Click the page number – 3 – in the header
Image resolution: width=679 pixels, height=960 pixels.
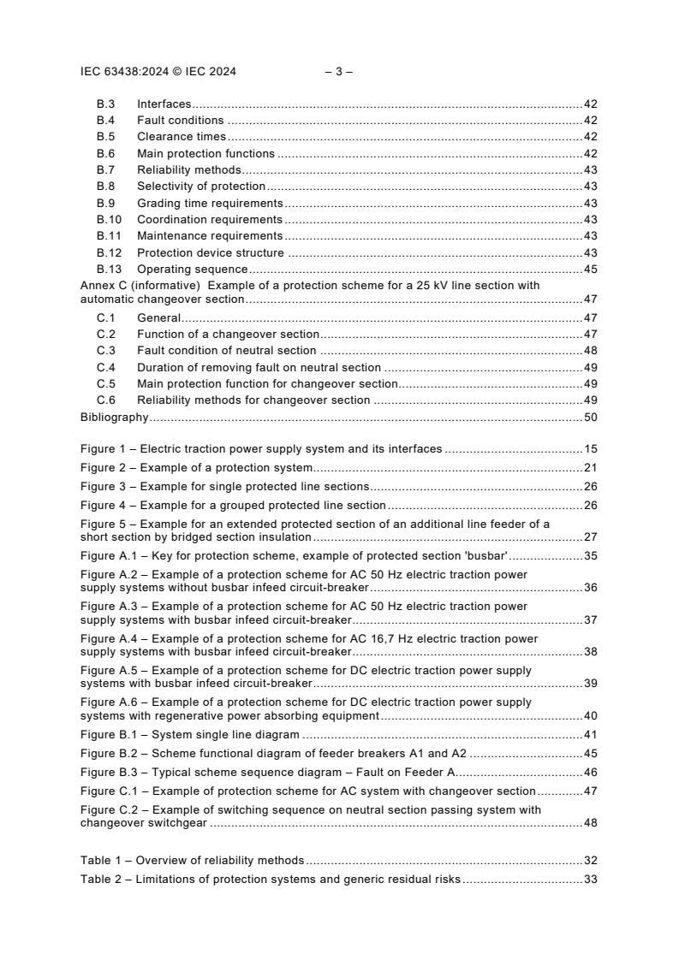(x=339, y=72)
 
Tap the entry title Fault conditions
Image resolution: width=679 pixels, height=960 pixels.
(x=180, y=121)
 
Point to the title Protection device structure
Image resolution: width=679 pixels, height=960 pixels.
(x=210, y=253)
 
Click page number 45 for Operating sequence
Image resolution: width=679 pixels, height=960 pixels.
(x=590, y=270)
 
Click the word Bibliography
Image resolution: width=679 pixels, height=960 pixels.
(x=115, y=418)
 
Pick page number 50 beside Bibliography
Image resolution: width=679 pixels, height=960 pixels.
(x=590, y=418)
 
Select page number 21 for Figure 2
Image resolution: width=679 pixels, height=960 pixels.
(x=590, y=468)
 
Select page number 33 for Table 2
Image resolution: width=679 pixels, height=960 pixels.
(x=590, y=880)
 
